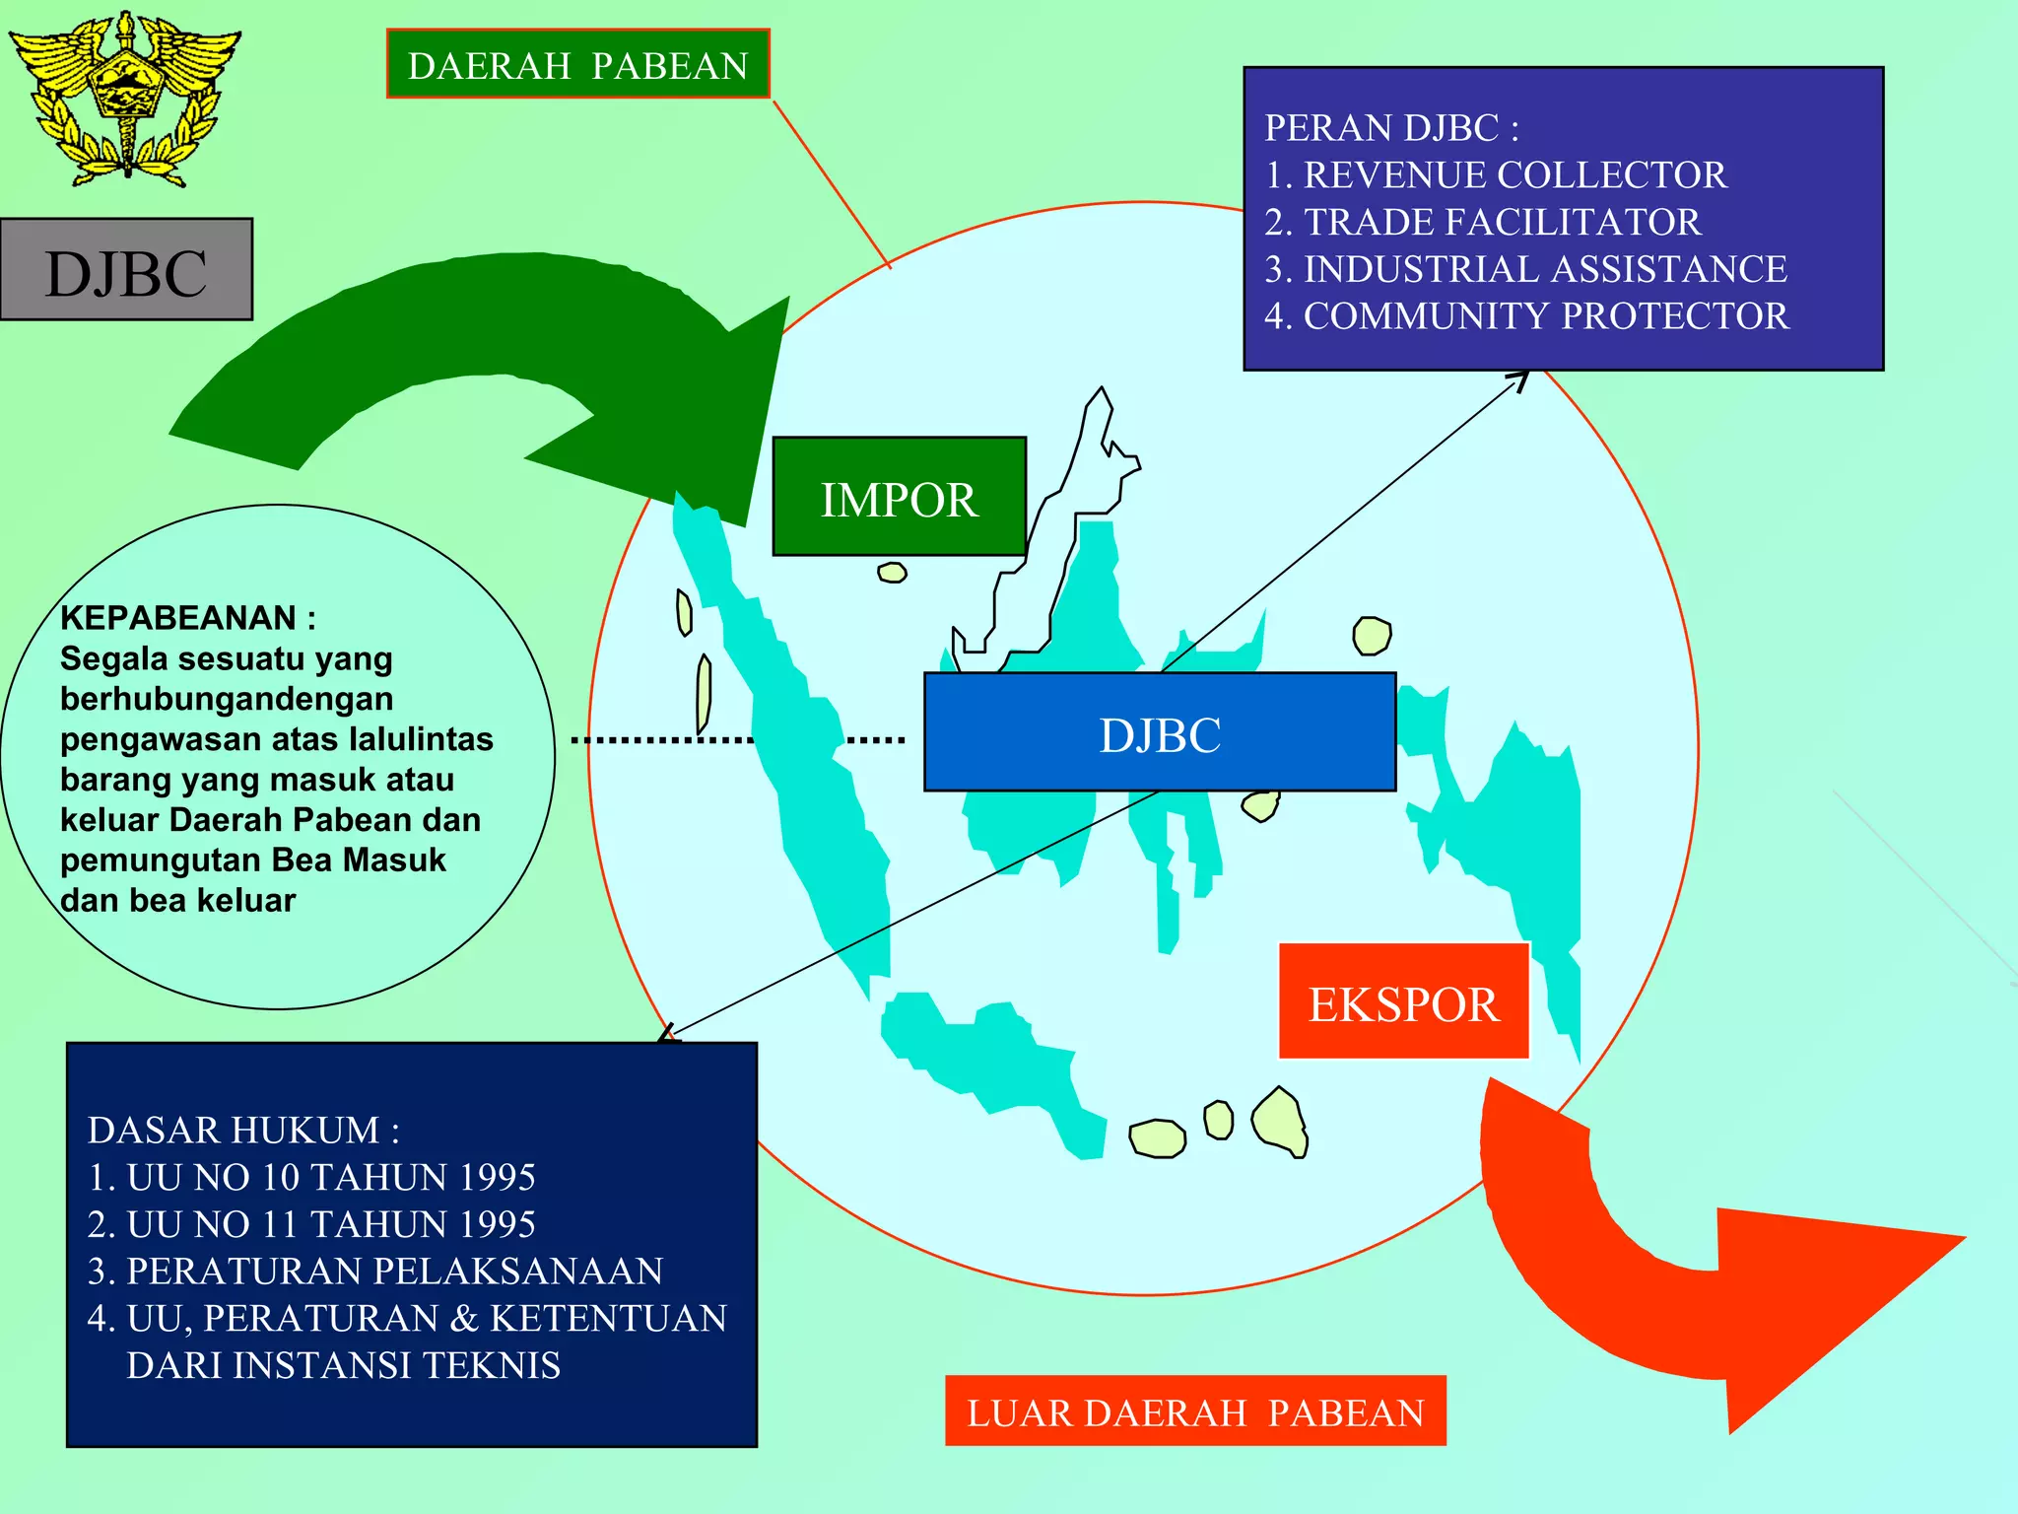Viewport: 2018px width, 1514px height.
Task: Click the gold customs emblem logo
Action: pyautogui.click(x=125, y=99)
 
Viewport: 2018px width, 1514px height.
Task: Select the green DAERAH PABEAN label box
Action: pyautogui.click(x=577, y=65)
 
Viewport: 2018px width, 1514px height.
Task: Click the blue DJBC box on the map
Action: pyautogui.click(x=1160, y=733)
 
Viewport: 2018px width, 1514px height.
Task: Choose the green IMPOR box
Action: pyautogui.click(x=899, y=498)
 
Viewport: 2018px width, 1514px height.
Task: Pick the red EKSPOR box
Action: pyautogui.click(x=1403, y=1002)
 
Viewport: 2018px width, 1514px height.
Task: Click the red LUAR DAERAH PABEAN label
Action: pyautogui.click(x=1195, y=1411)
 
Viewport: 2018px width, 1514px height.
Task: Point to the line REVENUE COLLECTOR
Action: pyautogui.click(x=1513, y=175)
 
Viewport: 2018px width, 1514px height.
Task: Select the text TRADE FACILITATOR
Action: pyautogui.click(x=1502, y=223)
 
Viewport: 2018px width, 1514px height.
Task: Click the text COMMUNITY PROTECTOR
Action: pyautogui.click(x=1545, y=316)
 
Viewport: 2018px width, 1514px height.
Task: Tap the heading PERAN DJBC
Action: pyautogui.click(x=1391, y=128)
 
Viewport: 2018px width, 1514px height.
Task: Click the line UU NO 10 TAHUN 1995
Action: pyautogui.click(x=330, y=1177)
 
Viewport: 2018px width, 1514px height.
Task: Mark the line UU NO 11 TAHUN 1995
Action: pyautogui.click(x=330, y=1224)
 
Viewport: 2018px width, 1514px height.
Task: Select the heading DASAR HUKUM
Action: pyautogui.click(x=243, y=1131)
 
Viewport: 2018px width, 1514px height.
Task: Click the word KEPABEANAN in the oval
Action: pyautogui.click(x=177, y=618)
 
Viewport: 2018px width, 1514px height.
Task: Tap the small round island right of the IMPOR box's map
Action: pyautogui.click(x=1372, y=636)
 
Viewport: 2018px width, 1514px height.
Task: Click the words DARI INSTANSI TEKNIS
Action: pyautogui.click(x=343, y=1365)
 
